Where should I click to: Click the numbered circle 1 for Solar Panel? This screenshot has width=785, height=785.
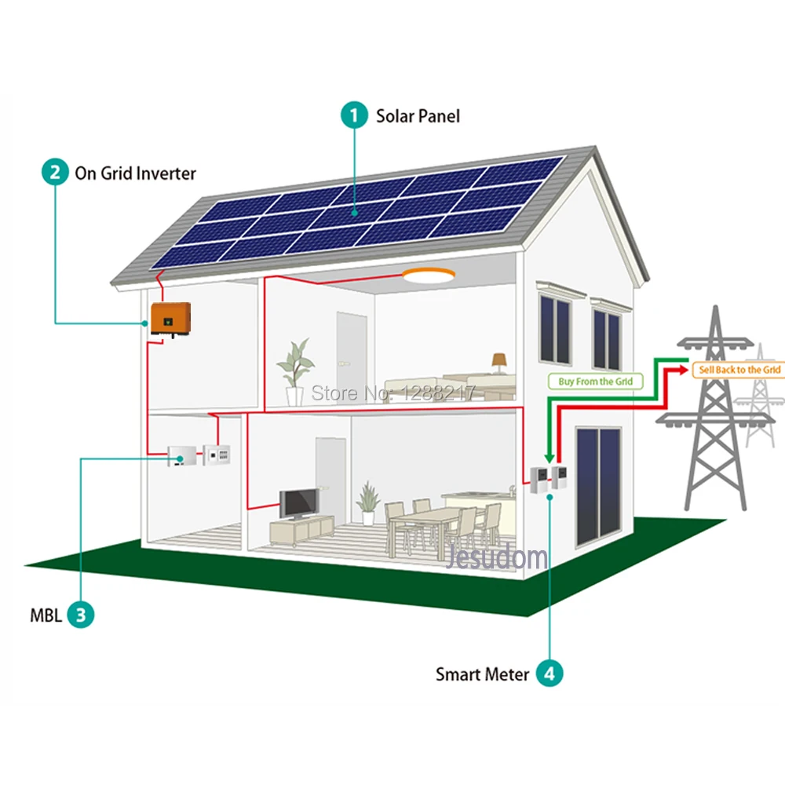[x=354, y=116]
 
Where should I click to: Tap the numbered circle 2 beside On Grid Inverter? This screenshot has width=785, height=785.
[x=54, y=172]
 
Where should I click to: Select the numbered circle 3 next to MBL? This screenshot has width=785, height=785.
[x=80, y=614]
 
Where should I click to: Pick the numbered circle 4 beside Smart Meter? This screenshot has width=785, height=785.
[x=550, y=673]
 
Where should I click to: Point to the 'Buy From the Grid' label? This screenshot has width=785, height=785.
[x=594, y=382]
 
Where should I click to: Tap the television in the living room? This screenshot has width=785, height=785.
[x=299, y=502]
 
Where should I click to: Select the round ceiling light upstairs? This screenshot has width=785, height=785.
[x=428, y=275]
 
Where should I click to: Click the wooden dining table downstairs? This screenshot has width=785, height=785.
[x=424, y=519]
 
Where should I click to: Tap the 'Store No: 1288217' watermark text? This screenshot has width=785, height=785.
[x=394, y=392]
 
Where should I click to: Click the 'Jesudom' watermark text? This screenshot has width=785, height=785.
[x=497, y=557]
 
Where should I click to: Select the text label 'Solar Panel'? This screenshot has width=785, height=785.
[x=418, y=116]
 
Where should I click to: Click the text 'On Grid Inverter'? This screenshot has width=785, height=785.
[x=135, y=173]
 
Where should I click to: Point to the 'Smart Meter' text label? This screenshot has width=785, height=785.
[x=482, y=674]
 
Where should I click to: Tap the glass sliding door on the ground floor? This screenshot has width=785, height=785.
[x=598, y=487]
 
